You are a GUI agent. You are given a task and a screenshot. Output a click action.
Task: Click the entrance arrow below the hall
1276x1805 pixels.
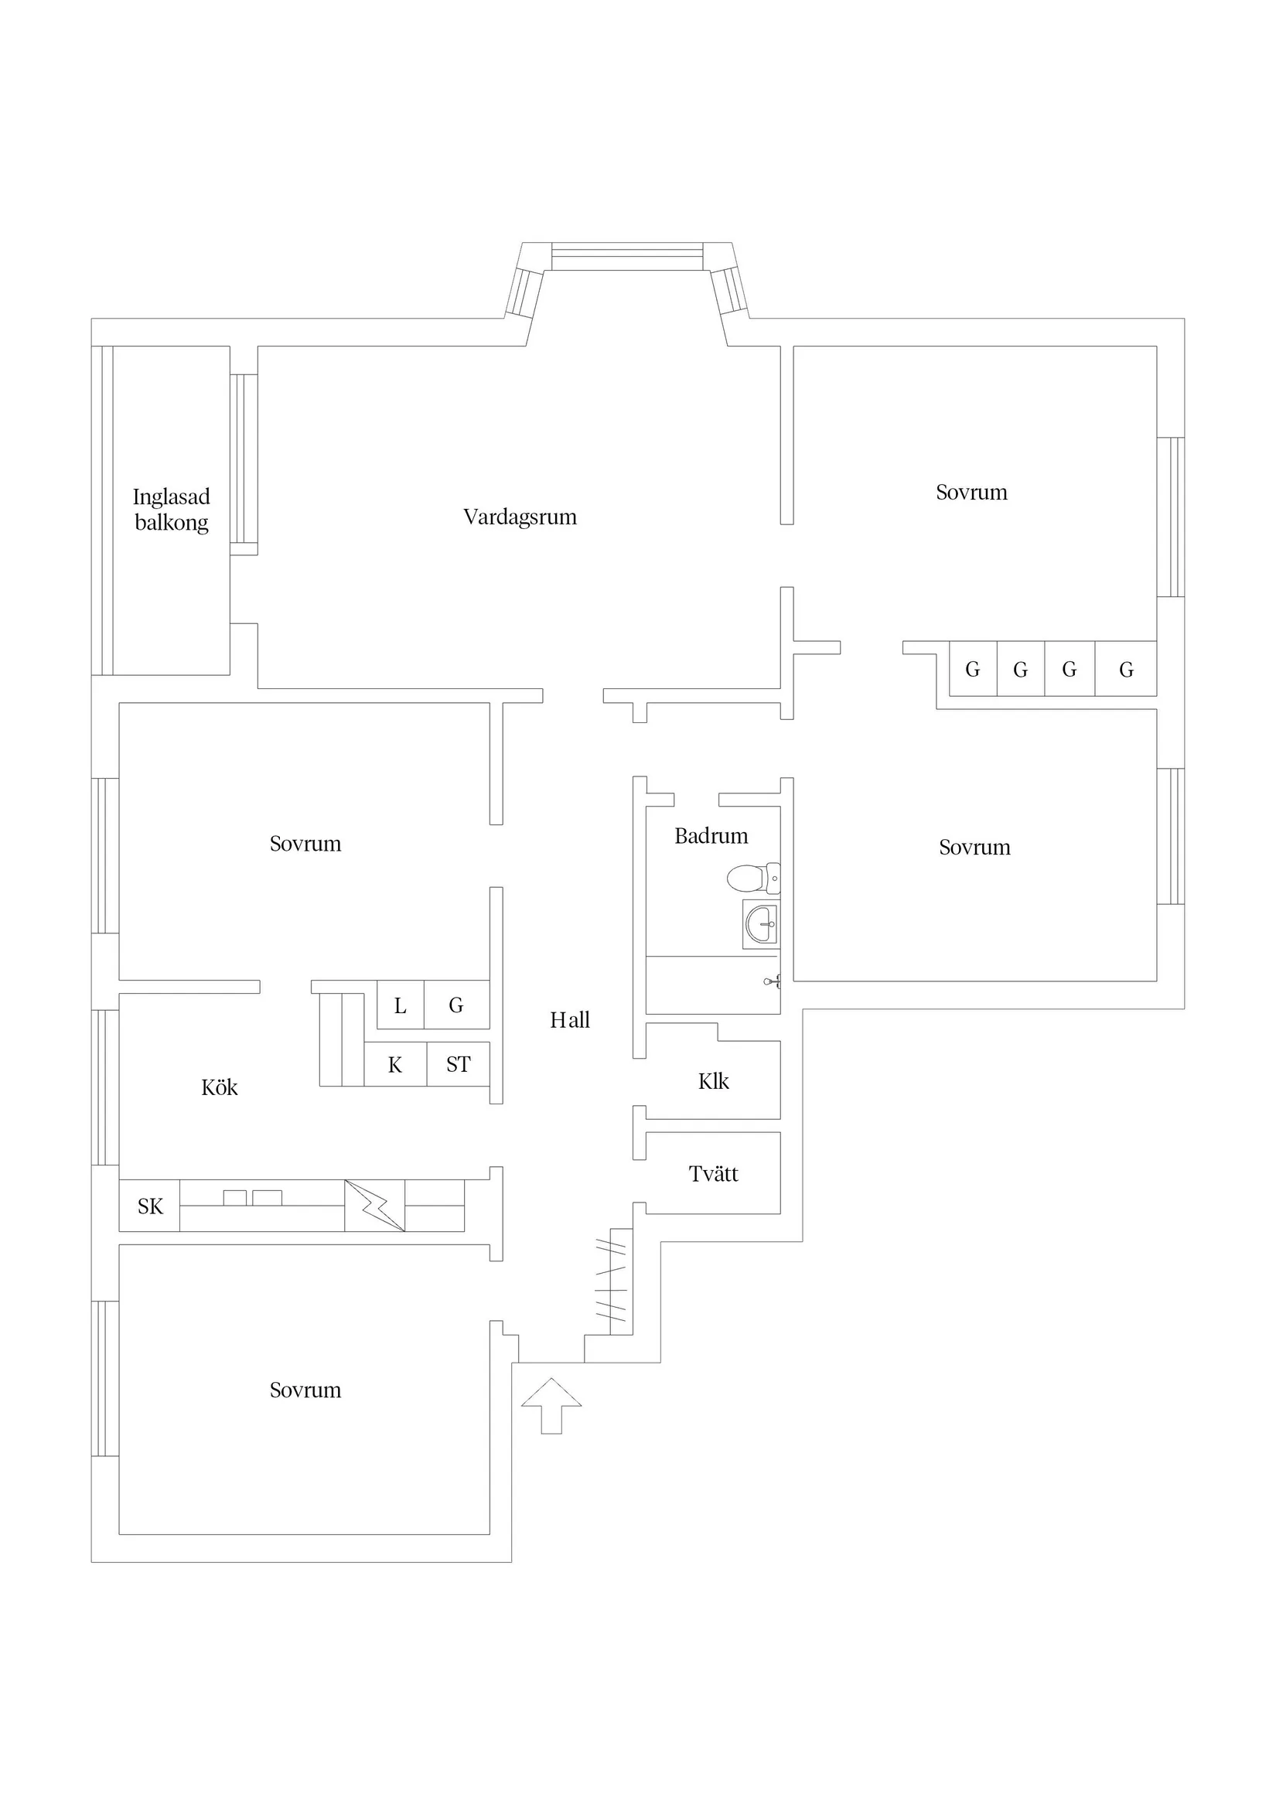coord(551,1405)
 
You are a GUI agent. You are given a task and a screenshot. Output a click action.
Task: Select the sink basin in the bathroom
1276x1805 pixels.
coord(761,923)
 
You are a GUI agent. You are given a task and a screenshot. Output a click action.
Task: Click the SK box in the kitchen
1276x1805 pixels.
coord(149,1206)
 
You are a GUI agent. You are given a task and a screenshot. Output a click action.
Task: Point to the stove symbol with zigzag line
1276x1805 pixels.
coord(374,1205)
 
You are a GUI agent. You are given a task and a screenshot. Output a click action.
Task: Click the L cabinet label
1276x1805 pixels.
coord(400,1005)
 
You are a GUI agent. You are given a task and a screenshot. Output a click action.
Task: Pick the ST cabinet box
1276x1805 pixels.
coord(459,1064)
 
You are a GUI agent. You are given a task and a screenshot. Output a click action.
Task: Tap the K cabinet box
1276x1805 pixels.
coord(395,1065)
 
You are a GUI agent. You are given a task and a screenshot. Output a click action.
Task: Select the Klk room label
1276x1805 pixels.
coord(713,1082)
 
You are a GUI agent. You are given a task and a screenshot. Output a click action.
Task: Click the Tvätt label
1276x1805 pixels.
coord(713,1174)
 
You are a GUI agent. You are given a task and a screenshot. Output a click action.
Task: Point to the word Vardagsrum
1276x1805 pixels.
coord(520,517)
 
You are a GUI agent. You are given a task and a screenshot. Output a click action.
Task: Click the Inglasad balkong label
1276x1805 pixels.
coord(172,510)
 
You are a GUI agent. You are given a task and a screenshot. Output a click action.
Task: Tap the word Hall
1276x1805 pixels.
coord(569,1020)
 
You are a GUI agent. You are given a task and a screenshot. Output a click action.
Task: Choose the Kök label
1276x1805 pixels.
coord(220,1088)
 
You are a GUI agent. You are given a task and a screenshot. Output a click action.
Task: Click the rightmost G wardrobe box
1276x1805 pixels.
coord(1126,670)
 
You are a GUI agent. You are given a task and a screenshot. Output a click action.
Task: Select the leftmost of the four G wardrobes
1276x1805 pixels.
coord(973,670)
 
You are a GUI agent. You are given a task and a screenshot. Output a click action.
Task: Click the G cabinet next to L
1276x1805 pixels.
coord(456,1005)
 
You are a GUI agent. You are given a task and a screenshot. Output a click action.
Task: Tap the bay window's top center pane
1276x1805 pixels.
coord(626,257)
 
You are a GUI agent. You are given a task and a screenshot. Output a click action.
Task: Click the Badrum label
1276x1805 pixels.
coord(711,836)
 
